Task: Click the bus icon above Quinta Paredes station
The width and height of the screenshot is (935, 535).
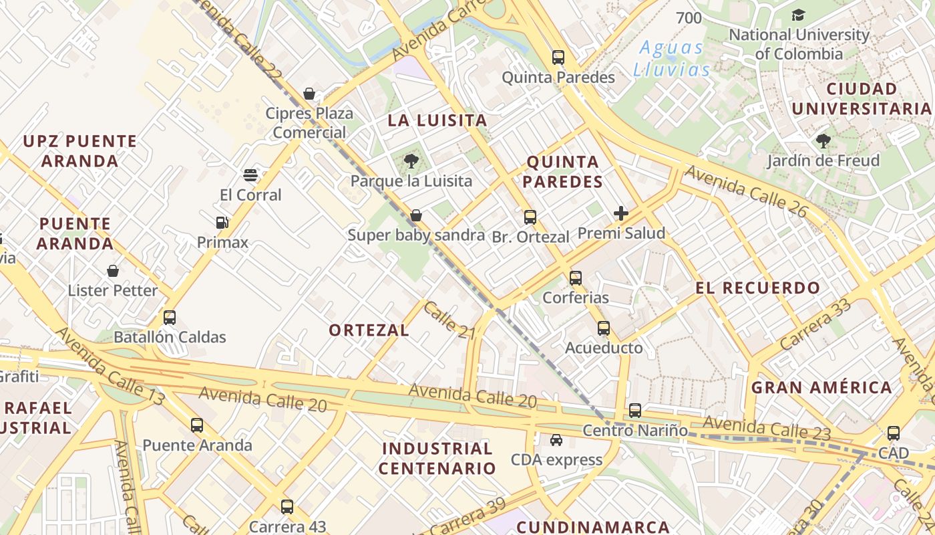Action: click(x=558, y=58)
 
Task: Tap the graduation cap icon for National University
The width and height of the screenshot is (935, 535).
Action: click(x=798, y=15)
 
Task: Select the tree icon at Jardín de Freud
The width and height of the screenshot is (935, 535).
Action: click(x=823, y=141)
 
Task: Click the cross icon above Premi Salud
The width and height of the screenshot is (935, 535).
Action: click(x=621, y=213)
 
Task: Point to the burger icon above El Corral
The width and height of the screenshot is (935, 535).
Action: click(x=250, y=175)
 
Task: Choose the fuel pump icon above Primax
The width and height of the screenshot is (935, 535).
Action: click(x=222, y=223)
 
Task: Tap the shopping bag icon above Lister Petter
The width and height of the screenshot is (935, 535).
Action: click(x=113, y=271)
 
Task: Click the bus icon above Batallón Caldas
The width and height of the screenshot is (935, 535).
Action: click(x=170, y=318)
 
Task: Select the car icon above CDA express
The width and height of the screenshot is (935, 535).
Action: click(x=556, y=440)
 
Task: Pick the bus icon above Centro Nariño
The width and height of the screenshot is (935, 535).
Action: click(x=635, y=411)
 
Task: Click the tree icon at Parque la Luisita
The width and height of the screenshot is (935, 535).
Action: click(x=411, y=160)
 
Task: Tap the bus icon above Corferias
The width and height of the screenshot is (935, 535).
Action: click(x=576, y=278)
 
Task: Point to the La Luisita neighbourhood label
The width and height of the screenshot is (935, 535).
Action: click(x=437, y=121)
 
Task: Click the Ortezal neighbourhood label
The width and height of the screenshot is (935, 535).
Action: click(x=369, y=330)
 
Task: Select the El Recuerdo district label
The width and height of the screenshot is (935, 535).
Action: click(x=757, y=288)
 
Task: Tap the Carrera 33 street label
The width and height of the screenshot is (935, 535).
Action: click(x=815, y=324)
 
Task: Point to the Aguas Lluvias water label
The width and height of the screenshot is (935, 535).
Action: click(x=671, y=59)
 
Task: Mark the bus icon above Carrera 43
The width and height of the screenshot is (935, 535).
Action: click(x=287, y=507)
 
